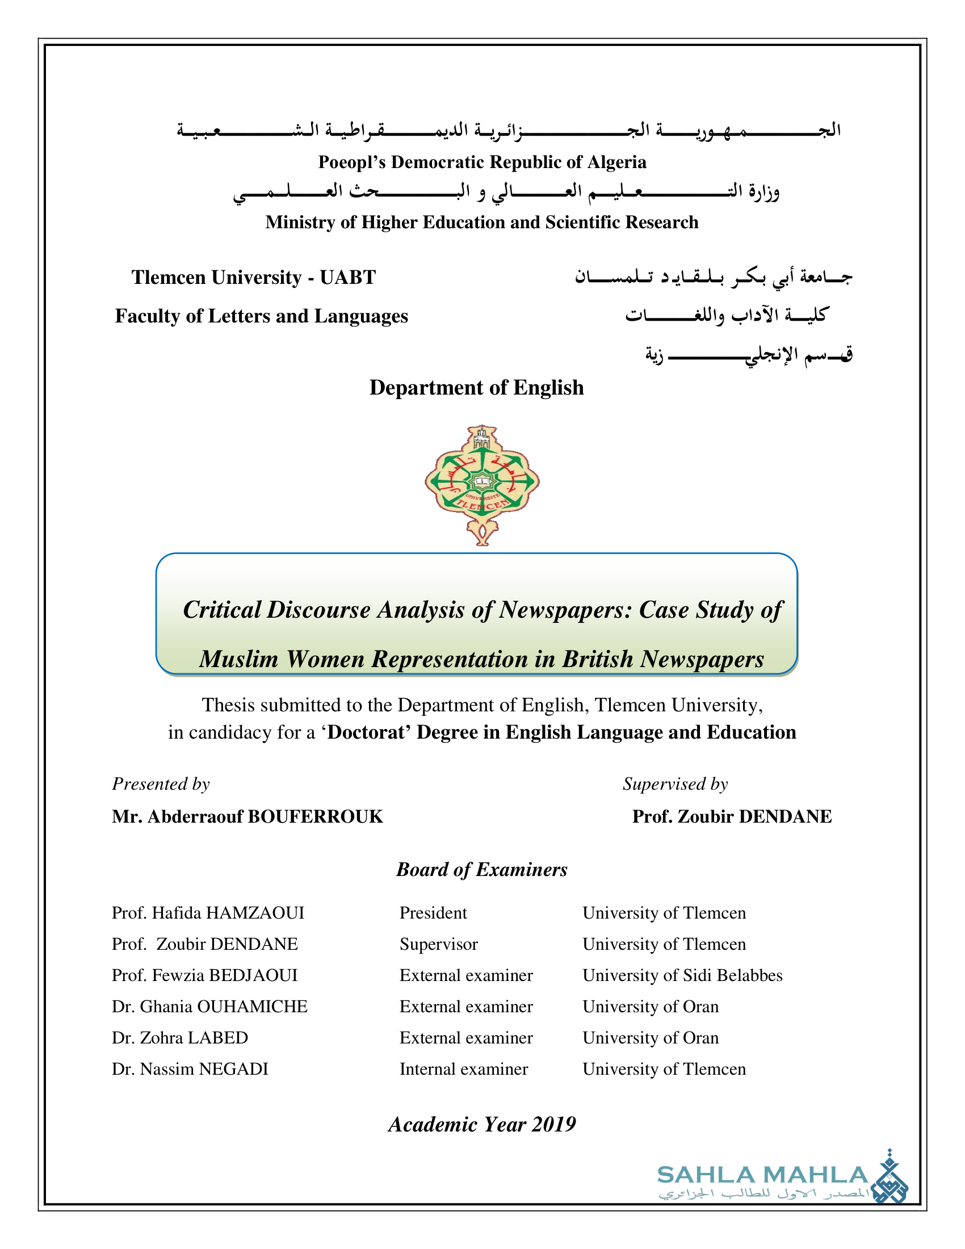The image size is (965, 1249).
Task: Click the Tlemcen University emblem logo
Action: click(482, 484)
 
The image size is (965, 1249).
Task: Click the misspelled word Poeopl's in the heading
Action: click(351, 162)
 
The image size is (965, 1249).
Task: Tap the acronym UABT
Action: click(347, 278)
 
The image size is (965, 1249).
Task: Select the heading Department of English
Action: click(476, 388)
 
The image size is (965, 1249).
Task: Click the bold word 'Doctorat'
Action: click(367, 732)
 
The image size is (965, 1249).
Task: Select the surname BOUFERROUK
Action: click(315, 816)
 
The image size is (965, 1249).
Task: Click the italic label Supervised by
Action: click(675, 783)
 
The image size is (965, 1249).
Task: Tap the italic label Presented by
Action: click(161, 783)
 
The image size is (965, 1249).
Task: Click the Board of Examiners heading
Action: click(481, 869)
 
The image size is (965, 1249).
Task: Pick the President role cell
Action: click(433, 913)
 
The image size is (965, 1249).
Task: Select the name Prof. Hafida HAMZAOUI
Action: click(208, 913)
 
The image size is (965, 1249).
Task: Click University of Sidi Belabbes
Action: click(682, 975)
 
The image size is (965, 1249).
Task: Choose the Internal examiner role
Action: click(464, 1069)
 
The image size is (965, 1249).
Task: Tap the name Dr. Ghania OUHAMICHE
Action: click(209, 1007)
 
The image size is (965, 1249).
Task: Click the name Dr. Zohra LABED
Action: click(179, 1037)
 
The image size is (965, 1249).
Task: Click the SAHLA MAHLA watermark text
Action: click(762, 1176)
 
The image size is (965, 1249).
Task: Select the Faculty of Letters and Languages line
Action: click(261, 316)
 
